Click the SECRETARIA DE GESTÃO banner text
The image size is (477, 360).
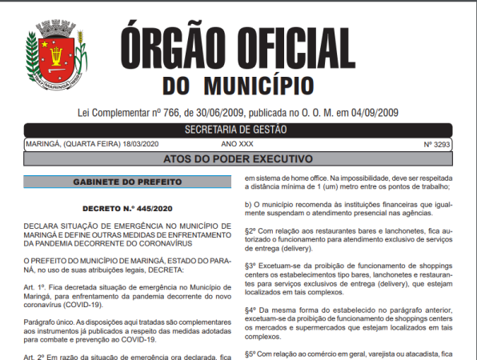tap(238, 130)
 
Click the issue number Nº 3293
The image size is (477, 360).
tap(439, 144)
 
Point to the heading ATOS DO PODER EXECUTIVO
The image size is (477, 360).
tap(238, 158)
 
